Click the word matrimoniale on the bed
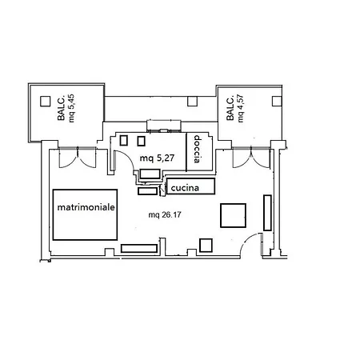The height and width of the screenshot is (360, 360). point(86,207)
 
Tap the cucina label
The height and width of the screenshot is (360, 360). point(185,188)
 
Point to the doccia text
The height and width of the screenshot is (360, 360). point(197,149)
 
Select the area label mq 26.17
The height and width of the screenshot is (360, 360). point(165,214)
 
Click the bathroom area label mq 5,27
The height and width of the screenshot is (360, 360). point(157,158)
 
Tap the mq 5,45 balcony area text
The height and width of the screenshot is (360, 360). point(71,108)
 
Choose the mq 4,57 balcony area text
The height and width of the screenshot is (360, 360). point(241,108)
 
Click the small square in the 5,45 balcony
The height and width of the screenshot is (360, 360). point(46,102)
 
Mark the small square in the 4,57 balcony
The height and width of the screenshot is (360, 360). point(277,101)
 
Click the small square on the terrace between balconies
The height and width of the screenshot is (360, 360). point(192,101)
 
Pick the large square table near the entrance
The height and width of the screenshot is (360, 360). point(233,215)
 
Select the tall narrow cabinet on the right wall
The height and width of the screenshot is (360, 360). point(267,213)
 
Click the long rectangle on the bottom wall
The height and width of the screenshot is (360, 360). point(139,248)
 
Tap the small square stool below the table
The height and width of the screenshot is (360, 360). point(206,246)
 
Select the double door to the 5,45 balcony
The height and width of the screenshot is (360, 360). point(78,158)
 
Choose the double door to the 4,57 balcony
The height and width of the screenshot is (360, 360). point(251,158)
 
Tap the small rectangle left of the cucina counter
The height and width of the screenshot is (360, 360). point(147,191)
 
